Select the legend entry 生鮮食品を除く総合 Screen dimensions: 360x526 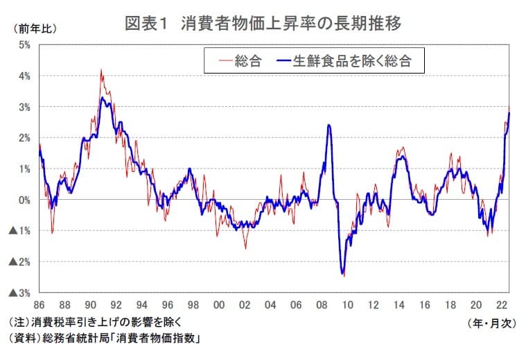coord(352,61)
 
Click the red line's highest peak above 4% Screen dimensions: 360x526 coord(101,69)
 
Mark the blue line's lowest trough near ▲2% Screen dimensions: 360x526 coord(342,274)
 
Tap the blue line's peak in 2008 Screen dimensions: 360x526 coord(328,126)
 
